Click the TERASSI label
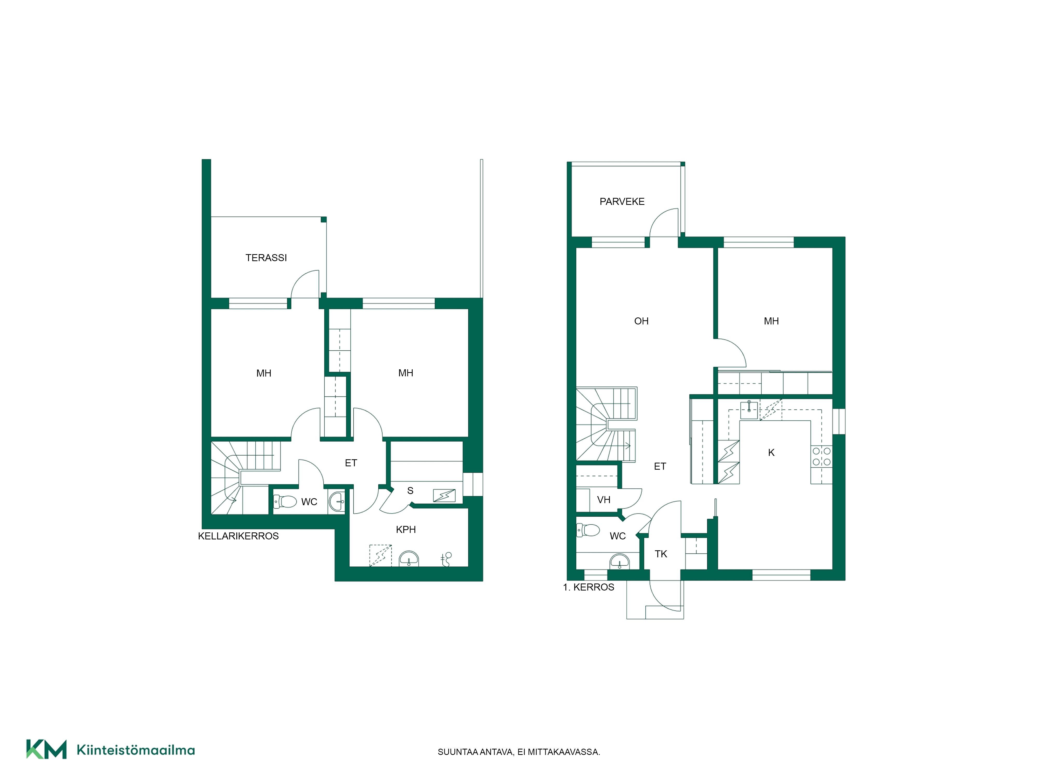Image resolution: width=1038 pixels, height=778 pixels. [x=266, y=258]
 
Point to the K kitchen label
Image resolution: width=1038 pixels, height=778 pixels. [x=771, y=453]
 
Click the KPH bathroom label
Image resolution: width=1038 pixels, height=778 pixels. [x=406, y=530]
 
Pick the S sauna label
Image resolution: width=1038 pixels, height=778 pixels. [x=410, y=491]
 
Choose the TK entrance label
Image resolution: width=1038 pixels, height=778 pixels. [x=661, y=554]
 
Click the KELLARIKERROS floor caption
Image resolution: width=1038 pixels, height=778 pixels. [x=238, y=536]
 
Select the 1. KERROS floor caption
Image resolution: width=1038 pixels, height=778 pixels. [x=589, y=587]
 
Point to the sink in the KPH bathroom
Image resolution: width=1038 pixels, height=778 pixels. [x=409, y=559]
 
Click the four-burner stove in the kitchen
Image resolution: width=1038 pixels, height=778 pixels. [x=821, y=456]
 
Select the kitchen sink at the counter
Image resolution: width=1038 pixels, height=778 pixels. [x=749, y=410]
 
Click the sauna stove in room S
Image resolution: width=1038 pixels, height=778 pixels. [x=444, y=495]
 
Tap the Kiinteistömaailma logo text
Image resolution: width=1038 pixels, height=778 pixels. [x=136, y=750]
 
